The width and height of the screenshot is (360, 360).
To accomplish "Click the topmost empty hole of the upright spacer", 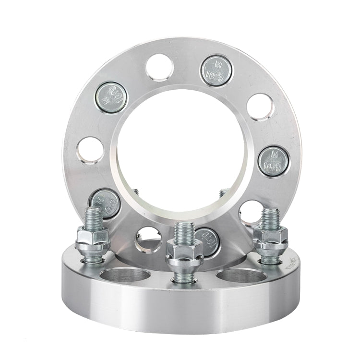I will [159, 67].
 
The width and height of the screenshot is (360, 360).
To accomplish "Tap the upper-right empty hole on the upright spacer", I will [260, 107].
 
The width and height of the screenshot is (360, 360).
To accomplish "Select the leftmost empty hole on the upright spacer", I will [90, 150].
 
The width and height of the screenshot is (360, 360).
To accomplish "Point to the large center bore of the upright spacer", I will [180, 154].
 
